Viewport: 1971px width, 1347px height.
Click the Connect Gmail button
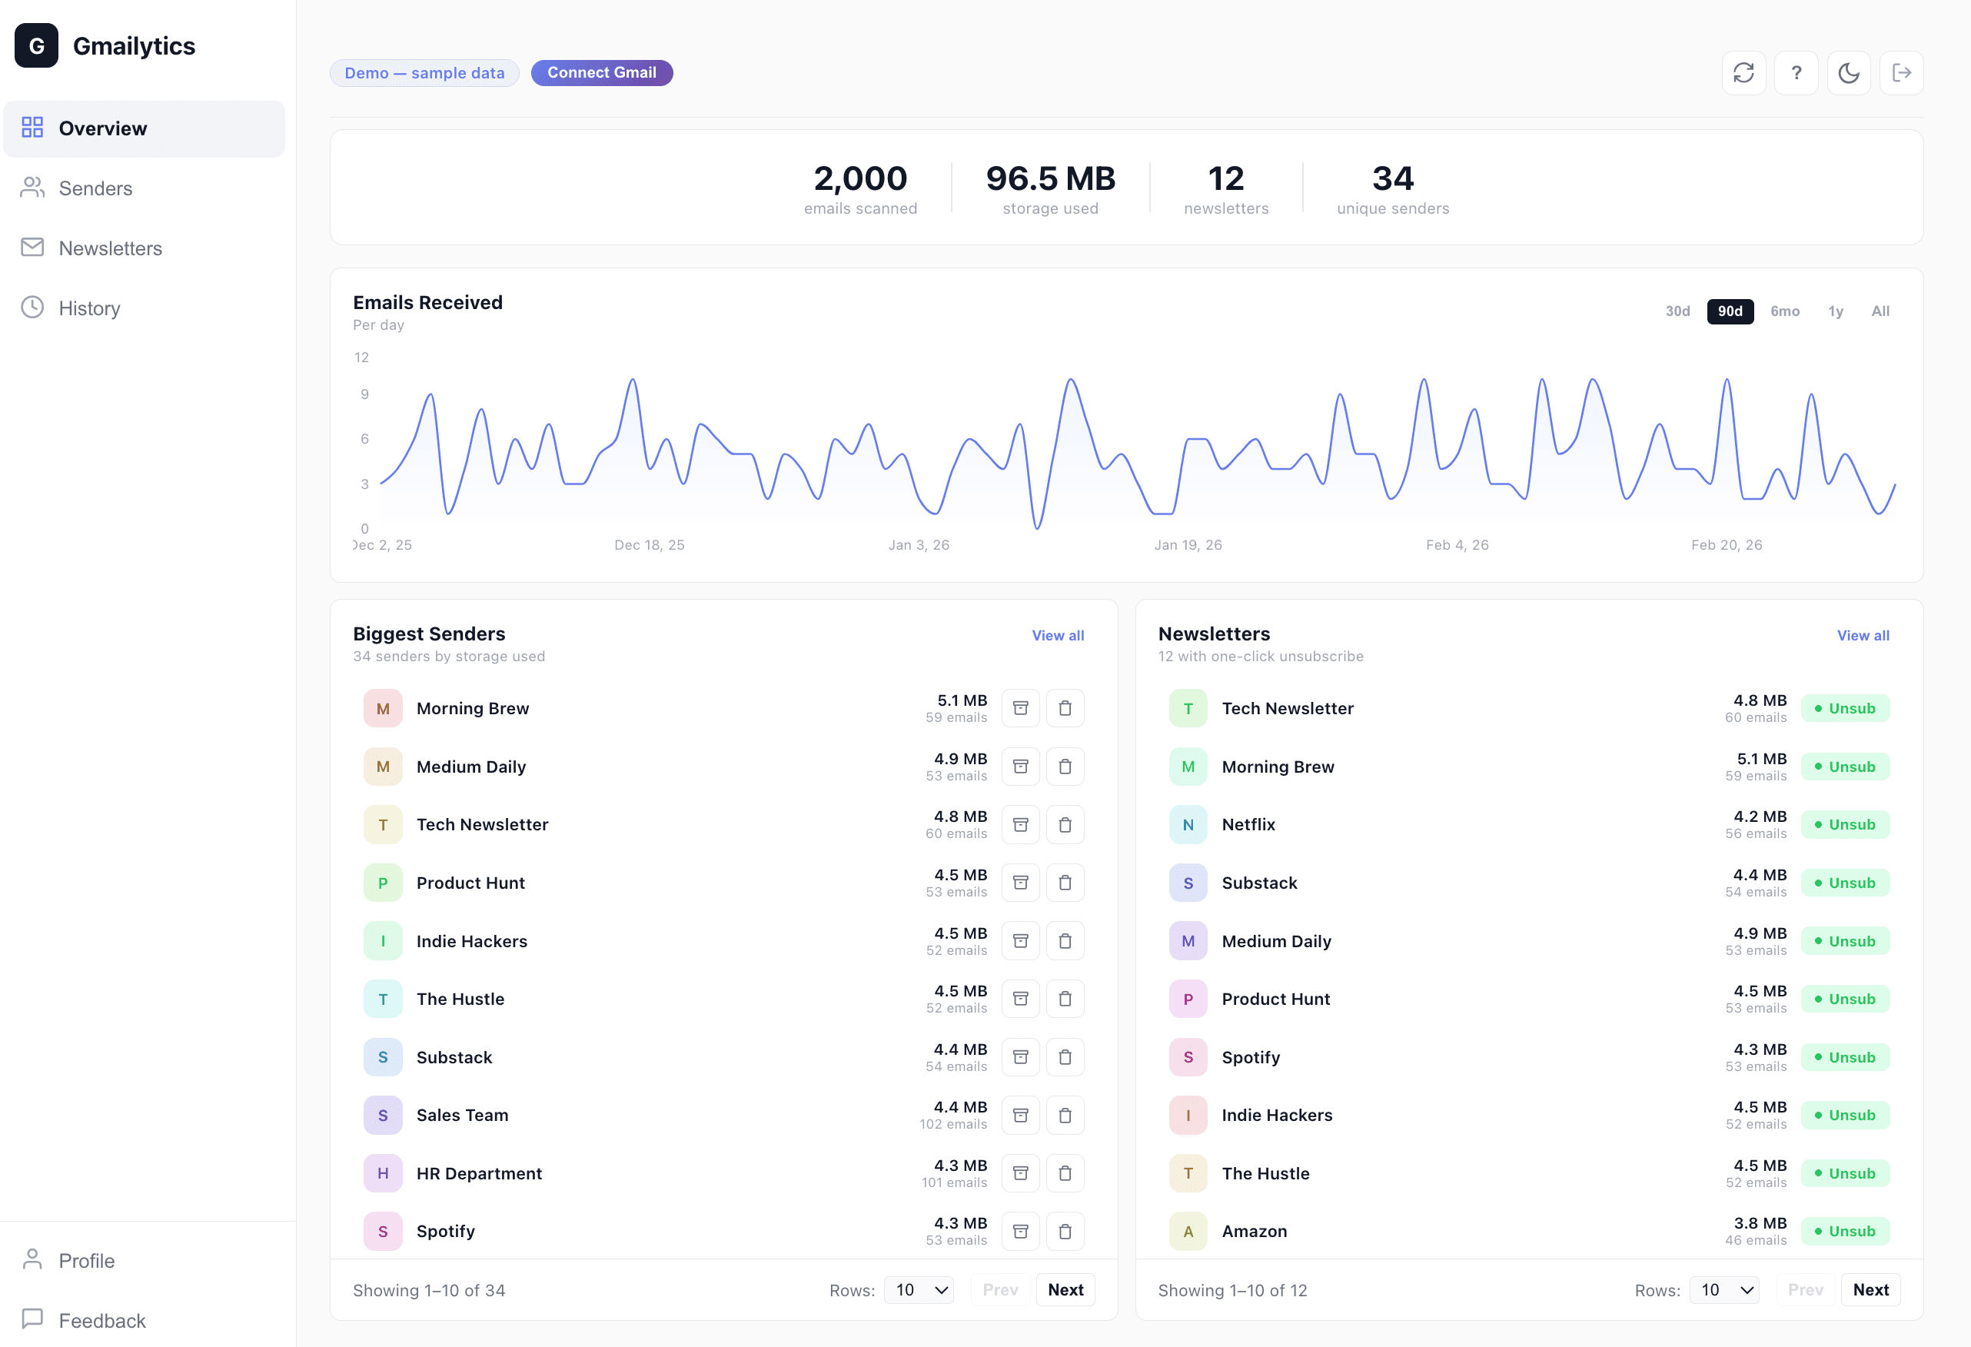pyautogui.click(x=601, y=73)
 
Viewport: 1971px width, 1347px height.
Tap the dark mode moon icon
pyautogui.click(x=1848, y=73)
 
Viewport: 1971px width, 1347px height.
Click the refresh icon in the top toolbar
pyautogui.click(x=1743, y=73)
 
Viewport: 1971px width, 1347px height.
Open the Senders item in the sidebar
pyautogui.click(x=95, y=188)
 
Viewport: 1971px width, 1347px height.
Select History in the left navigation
pyautogui.click(x=89, y=308)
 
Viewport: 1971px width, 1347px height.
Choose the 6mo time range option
pyautogui.click(x=1784, y=311)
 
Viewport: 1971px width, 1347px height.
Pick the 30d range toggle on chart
pyautogui.click(x=1677, y=311)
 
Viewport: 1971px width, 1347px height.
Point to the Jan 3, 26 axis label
pyautogui.click(x=919, y=544)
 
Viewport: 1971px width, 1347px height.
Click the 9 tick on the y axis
pyautogui.click(x=364, y=394)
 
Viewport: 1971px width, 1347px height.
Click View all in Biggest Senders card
pyautogui.click(x=1057, y=635)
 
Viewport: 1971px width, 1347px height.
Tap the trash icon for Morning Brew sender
pyautogui.click(x=1065, y=708)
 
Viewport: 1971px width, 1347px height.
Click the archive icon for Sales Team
pyautogui.click(x=1020, y=1115)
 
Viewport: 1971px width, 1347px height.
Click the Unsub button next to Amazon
pyautogui.click(x=1845, y=1231)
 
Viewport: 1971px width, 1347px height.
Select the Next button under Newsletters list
pyautogui.click(x=1870, y=1289)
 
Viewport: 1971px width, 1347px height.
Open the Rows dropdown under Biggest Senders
pyautogui.click(x=919, y=1289)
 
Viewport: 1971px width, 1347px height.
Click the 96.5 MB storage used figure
pyautogui.click(x=1050, y=179)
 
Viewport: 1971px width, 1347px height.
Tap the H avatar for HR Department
pyautogui.click(x=383, y=1173)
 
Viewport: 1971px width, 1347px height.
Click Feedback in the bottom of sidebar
pyautogui.click(x=101, y=1320)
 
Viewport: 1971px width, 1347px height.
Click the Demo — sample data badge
pyautogui.click(x=424, y=73)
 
